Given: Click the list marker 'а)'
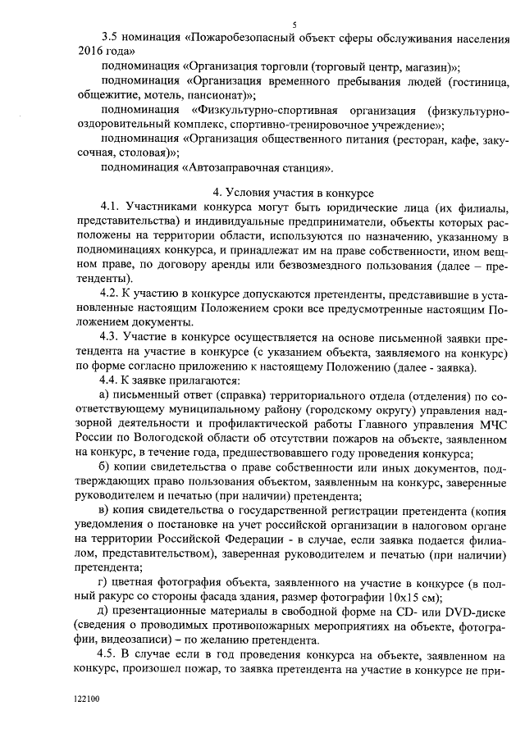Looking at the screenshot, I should [x=104, y=395].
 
